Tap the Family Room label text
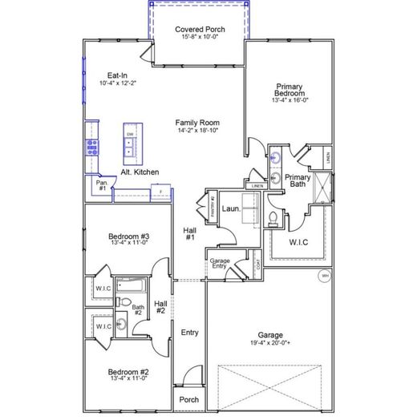pyautogui.click(x=197, y=123)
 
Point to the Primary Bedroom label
pyautogui.click(x=288, y=91)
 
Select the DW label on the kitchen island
pyautogui.click(x=128, y=134)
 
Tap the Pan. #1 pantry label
pyautogui.click(x=102, y=185)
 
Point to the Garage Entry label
pyautogui.click(x=220, y=264)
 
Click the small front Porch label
pyautogui.click(x=188, y=400)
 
